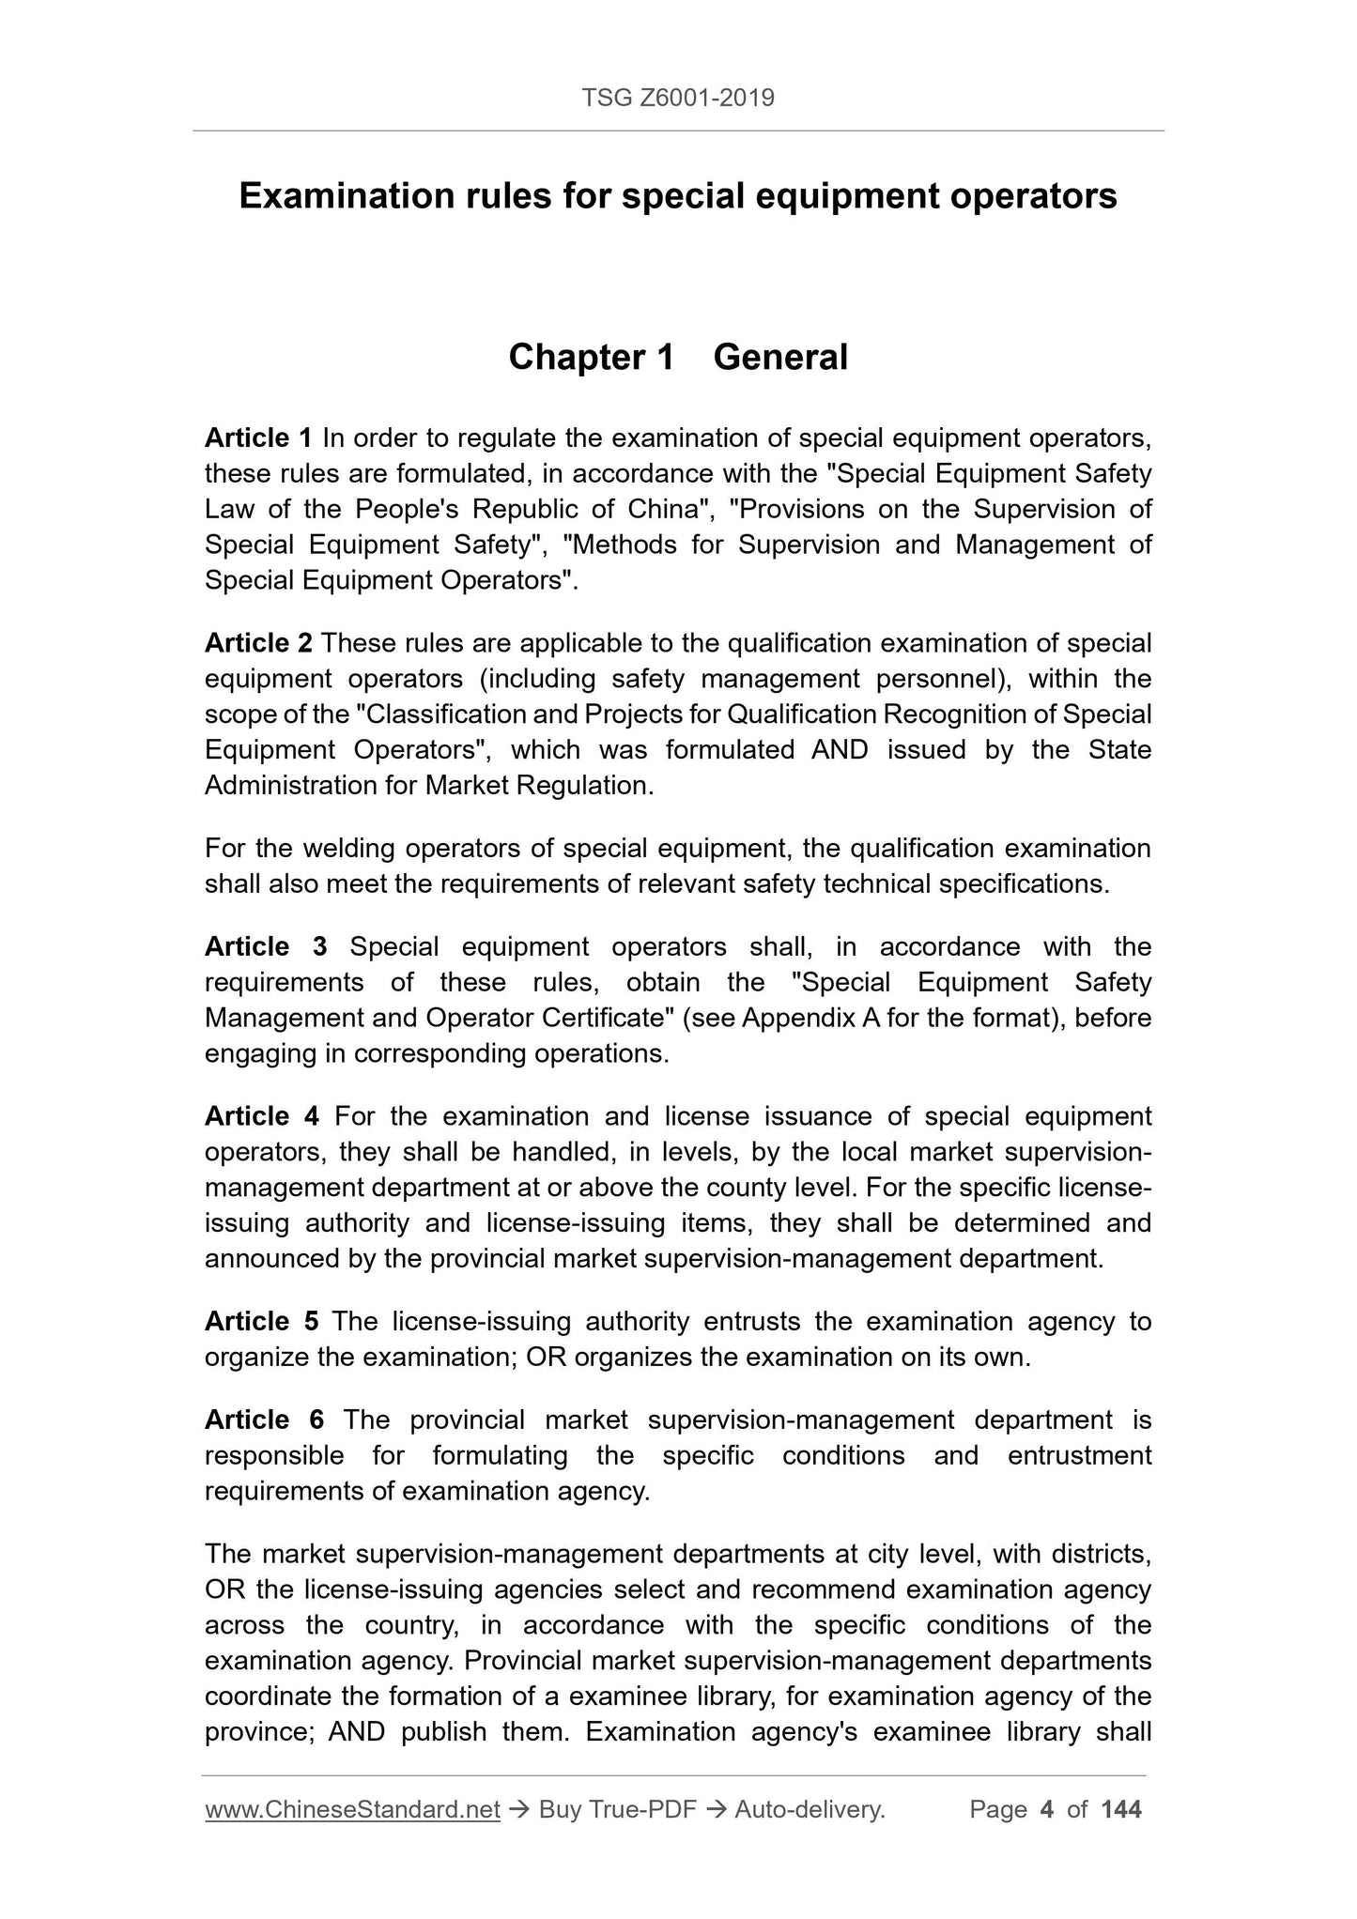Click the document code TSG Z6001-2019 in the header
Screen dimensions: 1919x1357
[x=678, y=98]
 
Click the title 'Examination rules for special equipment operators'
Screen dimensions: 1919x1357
[x=678, y=196]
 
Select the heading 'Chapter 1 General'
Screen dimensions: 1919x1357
[x=678, y=358]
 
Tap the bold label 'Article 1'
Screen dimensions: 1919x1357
[x=258, y=438]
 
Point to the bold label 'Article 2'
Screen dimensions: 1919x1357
[x=258, y=644]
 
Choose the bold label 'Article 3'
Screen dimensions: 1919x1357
[x=266, y=947]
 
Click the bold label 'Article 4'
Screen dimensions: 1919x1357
[x=262, y=1117]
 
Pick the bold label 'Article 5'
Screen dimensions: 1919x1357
[x=262, y=1322]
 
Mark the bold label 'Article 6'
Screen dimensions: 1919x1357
[x=265, y=1420]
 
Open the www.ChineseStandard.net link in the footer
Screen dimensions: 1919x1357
[x=352, y=1810]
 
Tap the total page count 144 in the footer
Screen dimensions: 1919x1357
[x=1121, y=1810]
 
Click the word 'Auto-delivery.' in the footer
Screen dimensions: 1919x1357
[x=810, y=1810]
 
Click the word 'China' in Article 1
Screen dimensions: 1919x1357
[x=666, y=510]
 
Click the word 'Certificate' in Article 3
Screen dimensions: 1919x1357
[x=601, y=1019]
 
